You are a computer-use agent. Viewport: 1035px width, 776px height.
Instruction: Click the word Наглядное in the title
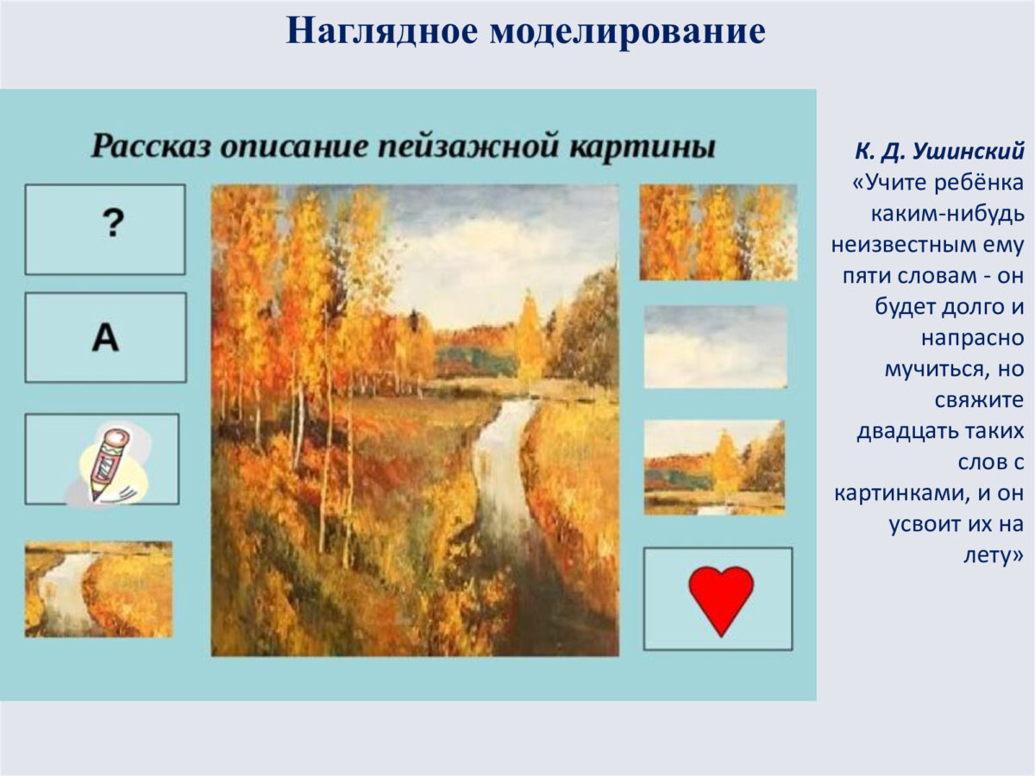382,32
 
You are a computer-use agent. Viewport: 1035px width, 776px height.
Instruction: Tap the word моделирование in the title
628,32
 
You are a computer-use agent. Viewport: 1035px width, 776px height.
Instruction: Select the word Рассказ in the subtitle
151,146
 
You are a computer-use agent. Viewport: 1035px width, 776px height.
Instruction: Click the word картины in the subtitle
643,146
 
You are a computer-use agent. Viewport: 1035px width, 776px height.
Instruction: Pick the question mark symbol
113,222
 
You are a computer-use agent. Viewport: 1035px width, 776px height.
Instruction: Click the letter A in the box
105,338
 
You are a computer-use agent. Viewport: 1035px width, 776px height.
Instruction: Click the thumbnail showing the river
98,590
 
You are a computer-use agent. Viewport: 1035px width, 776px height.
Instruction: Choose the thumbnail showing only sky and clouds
716,347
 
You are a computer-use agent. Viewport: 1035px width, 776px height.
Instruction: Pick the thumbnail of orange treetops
718,232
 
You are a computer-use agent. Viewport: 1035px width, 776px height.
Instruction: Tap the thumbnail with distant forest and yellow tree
715,467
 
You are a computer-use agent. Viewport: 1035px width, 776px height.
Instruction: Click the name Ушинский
969,151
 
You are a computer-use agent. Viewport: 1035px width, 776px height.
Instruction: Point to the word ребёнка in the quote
979,182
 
